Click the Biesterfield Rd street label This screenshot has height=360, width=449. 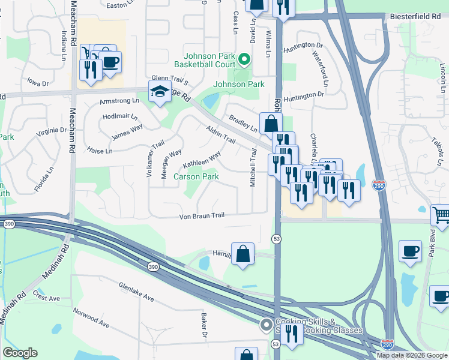point(415,17)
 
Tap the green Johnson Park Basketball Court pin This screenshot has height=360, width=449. point(244,59)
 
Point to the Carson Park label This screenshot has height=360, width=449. point(196,176)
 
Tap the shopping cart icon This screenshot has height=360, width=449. point(441,214)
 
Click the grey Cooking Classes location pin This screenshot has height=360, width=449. point(266,326)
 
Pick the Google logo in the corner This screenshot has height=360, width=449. point(20,353)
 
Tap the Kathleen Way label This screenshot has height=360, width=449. point(202,160)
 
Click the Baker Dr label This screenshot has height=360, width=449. point(205,325)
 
